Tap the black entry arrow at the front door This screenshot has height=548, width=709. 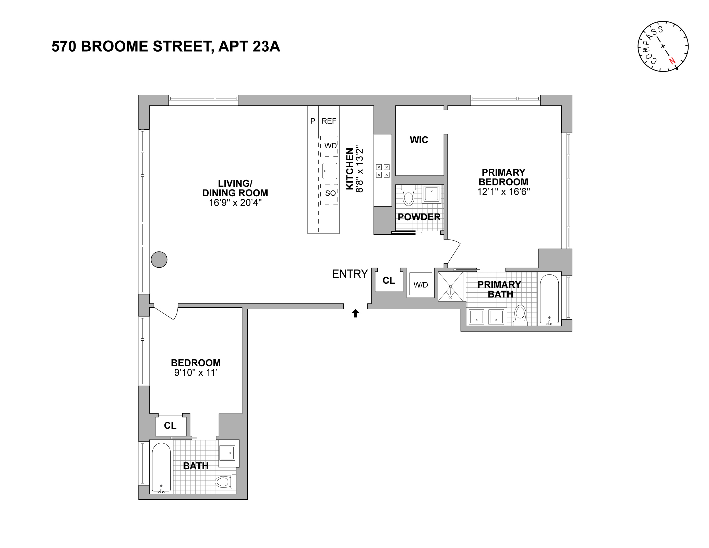point(355,313)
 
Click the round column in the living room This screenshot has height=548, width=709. point(159,259)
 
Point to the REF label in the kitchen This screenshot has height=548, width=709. point(329,121)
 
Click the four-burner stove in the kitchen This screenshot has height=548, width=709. point(382,171)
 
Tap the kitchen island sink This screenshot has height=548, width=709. point(330,171)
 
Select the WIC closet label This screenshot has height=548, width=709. point(419,140)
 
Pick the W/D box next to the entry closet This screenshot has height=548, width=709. point(421,285)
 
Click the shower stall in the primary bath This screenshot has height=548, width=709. point(451,286)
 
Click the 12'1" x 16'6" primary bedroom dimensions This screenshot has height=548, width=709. point(503,192)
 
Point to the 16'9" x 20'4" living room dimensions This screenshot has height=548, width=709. point(235,203)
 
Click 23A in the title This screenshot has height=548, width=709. point(265,46)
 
